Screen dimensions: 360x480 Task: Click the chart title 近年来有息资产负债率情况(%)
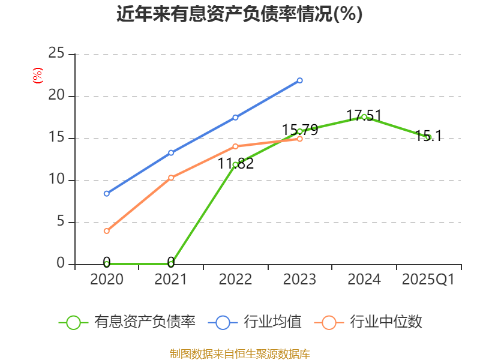point(239,14)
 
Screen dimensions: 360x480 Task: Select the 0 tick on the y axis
point(60,263)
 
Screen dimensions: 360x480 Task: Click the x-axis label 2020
point(106,280)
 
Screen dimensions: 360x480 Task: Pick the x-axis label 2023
point(299,280)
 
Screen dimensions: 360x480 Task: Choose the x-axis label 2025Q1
point(428,280)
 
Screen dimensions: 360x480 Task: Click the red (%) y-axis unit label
point(37,76)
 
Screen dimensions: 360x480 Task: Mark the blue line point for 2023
point(300,80)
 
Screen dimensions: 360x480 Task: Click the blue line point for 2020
point(107,194)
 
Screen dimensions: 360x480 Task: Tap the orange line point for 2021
point(171,178)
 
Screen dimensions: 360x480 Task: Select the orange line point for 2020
point(107,231)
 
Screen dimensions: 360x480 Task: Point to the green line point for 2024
point(364,117)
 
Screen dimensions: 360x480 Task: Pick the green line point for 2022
point(235,164)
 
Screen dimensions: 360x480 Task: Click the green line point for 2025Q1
point(428,137)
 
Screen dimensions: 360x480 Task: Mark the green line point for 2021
point(171,263)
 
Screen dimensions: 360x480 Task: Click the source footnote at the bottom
point(239,353)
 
